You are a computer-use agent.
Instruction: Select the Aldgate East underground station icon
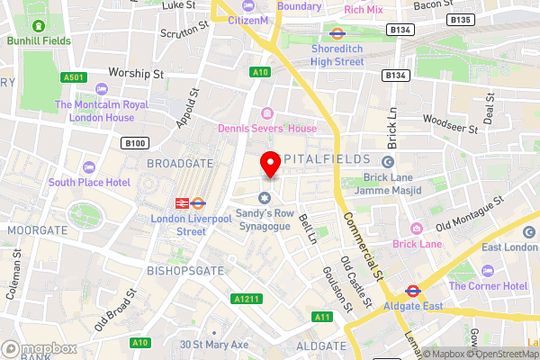click(x=413, y=291)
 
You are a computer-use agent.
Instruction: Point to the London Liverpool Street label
click(x=178, y=225)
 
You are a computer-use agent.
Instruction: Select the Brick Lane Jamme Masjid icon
click(x=388, y=162)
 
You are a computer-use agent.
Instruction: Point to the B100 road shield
click(x=135, y=142)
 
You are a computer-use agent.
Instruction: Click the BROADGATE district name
click(x=179, y=164)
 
